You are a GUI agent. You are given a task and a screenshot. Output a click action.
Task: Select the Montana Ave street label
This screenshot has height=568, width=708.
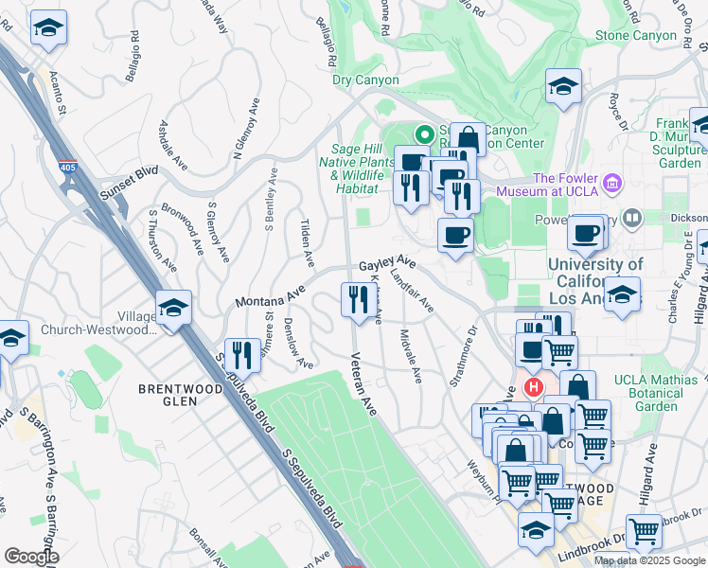pyautogui.click(x=269, y=296)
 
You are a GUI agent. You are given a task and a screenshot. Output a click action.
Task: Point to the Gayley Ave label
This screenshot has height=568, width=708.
pyautogui.click(x=386, y=262)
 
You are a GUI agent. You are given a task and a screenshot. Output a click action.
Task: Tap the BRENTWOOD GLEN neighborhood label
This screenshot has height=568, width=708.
pyautogui.click(x=168, y=395)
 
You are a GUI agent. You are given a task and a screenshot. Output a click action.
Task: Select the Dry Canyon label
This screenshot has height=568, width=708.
pyautogui.click(x=365, y=80)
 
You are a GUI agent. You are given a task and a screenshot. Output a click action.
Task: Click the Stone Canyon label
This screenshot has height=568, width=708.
pyautogui.click(x=636, y=36)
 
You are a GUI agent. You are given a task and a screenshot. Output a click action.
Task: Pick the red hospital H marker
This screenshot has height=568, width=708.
pyautogui.click(x=534, y=387)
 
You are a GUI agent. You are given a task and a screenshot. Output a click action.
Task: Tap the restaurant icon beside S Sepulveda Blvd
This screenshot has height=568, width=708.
pyautogui.click(x=242, y=355)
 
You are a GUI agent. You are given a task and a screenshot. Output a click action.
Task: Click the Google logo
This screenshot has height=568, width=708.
pyautogui.click(x=30, y=557)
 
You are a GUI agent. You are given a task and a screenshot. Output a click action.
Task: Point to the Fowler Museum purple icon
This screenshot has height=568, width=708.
pyautogui.click(x=611, y=181)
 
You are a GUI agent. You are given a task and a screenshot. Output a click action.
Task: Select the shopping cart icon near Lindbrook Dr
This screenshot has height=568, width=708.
pyautogui.click(x=645, y=531)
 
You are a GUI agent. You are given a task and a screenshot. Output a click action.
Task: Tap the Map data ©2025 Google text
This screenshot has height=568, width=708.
pyautogui.click(x=649, y=560)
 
